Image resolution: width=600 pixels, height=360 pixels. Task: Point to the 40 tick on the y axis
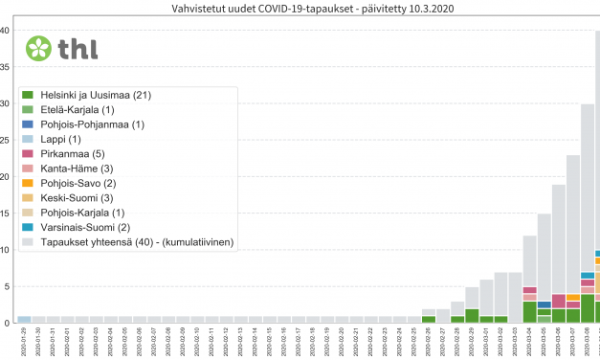tap(6, 31)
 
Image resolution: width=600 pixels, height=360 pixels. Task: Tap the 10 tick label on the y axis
tap(6, 250)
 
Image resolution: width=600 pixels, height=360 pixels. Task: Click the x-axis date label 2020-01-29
tap(25, 341)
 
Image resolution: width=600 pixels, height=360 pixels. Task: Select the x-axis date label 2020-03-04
tap(529, 341)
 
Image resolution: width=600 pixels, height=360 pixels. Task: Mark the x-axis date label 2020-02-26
tap(429, 341)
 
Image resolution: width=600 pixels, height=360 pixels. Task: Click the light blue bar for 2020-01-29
tap(25, 319)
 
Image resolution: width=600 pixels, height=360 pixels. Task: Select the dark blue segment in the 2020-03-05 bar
tap(544, 304)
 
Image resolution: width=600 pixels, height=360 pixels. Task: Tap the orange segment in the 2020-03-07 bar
tap(572, 298)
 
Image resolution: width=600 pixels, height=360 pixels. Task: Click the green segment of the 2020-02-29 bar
tap(472, 315)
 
